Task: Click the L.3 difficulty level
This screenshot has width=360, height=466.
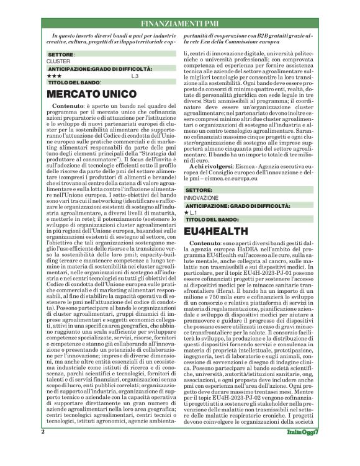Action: click(x=135, y=76)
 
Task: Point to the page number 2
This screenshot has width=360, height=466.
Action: click(x=43, y=448)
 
